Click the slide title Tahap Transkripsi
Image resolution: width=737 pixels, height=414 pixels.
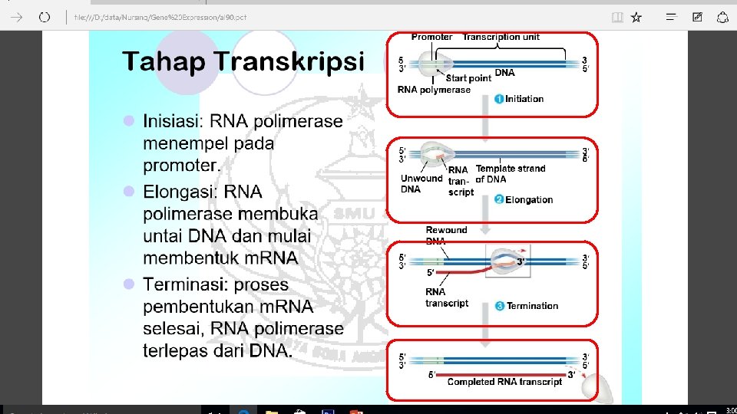point(243,61)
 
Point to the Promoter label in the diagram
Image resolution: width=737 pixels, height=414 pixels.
point(431,37)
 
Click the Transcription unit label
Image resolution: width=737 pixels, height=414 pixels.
point(501,37)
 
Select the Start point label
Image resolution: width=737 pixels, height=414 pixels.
point(468,78)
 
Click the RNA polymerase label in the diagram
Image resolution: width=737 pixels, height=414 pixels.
point(434,90)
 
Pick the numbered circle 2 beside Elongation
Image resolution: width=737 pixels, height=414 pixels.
point(499,200)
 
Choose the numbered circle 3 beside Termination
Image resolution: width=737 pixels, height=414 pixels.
point(500,306)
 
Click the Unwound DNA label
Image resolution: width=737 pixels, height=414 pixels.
point(421,184)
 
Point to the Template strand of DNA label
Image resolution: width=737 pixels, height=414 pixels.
point(510,174)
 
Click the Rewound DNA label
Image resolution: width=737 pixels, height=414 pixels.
point(446,235)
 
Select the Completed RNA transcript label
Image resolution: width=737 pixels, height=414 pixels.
point(504,382)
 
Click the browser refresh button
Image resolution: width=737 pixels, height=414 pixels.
point(45,17)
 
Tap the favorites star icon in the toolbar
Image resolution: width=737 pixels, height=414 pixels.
point(636,17)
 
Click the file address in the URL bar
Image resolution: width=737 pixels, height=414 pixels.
point(171,17)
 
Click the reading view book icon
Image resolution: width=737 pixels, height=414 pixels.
point(616,17)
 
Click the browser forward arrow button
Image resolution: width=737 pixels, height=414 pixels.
point(16,17)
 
